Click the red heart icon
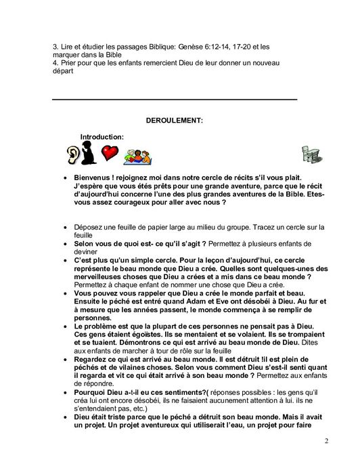(110, 153)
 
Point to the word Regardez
(93, 352)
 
